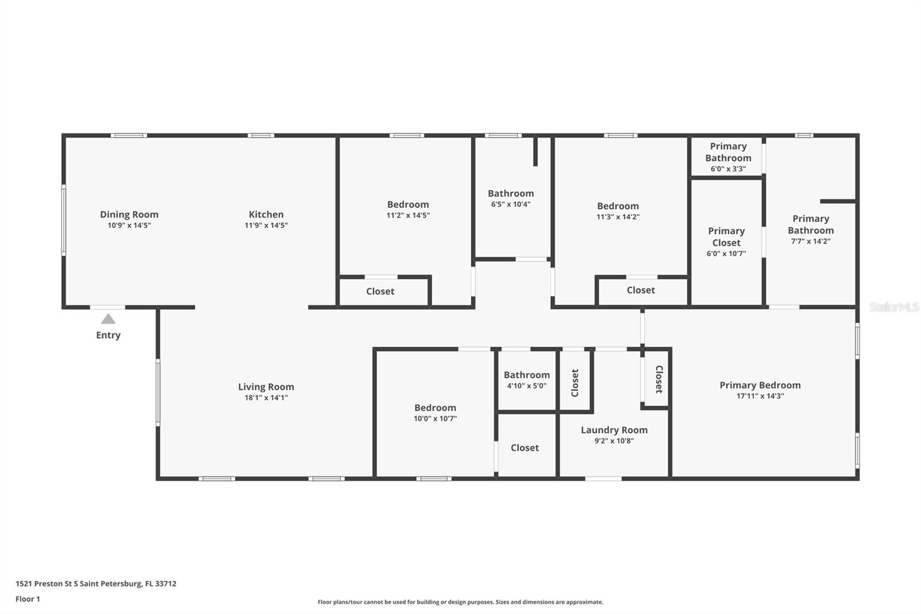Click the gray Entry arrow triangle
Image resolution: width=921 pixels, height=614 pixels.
(x=108, y=319)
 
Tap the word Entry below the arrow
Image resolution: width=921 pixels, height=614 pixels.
(x=108, y=335)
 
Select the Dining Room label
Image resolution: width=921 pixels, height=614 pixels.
(x=129, y=214)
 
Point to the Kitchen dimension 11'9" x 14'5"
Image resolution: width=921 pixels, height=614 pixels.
(x=266, y=225)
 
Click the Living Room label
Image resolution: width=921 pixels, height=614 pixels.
(x=266, y=387)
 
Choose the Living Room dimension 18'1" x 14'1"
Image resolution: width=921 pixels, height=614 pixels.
(x=266, y=397)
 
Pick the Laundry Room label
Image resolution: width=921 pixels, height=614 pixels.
(x=614, y=430)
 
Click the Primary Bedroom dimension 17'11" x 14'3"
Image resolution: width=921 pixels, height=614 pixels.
(x=760, y=396)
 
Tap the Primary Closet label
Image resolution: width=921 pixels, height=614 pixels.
(x=726, y=237)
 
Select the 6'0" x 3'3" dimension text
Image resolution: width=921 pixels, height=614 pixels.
(x=728, y=169)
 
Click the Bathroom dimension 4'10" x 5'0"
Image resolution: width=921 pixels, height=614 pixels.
(x=527, y=385)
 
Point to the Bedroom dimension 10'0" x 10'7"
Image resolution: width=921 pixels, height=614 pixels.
(x=435, y=419)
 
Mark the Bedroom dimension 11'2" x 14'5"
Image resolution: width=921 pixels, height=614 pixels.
(x=408, y=215)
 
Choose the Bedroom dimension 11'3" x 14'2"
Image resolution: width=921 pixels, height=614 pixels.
(x=618, y=217)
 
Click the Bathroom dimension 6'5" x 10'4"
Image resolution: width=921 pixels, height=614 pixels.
(x=511, y=204)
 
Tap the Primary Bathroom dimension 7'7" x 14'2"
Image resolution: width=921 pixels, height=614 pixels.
(x=811, y=241)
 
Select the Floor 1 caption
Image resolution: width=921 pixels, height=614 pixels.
(x=28, y=599)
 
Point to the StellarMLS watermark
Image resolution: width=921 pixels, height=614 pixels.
(x=894, y=307)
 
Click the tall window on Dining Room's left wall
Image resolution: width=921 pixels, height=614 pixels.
(x=64, y=220)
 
